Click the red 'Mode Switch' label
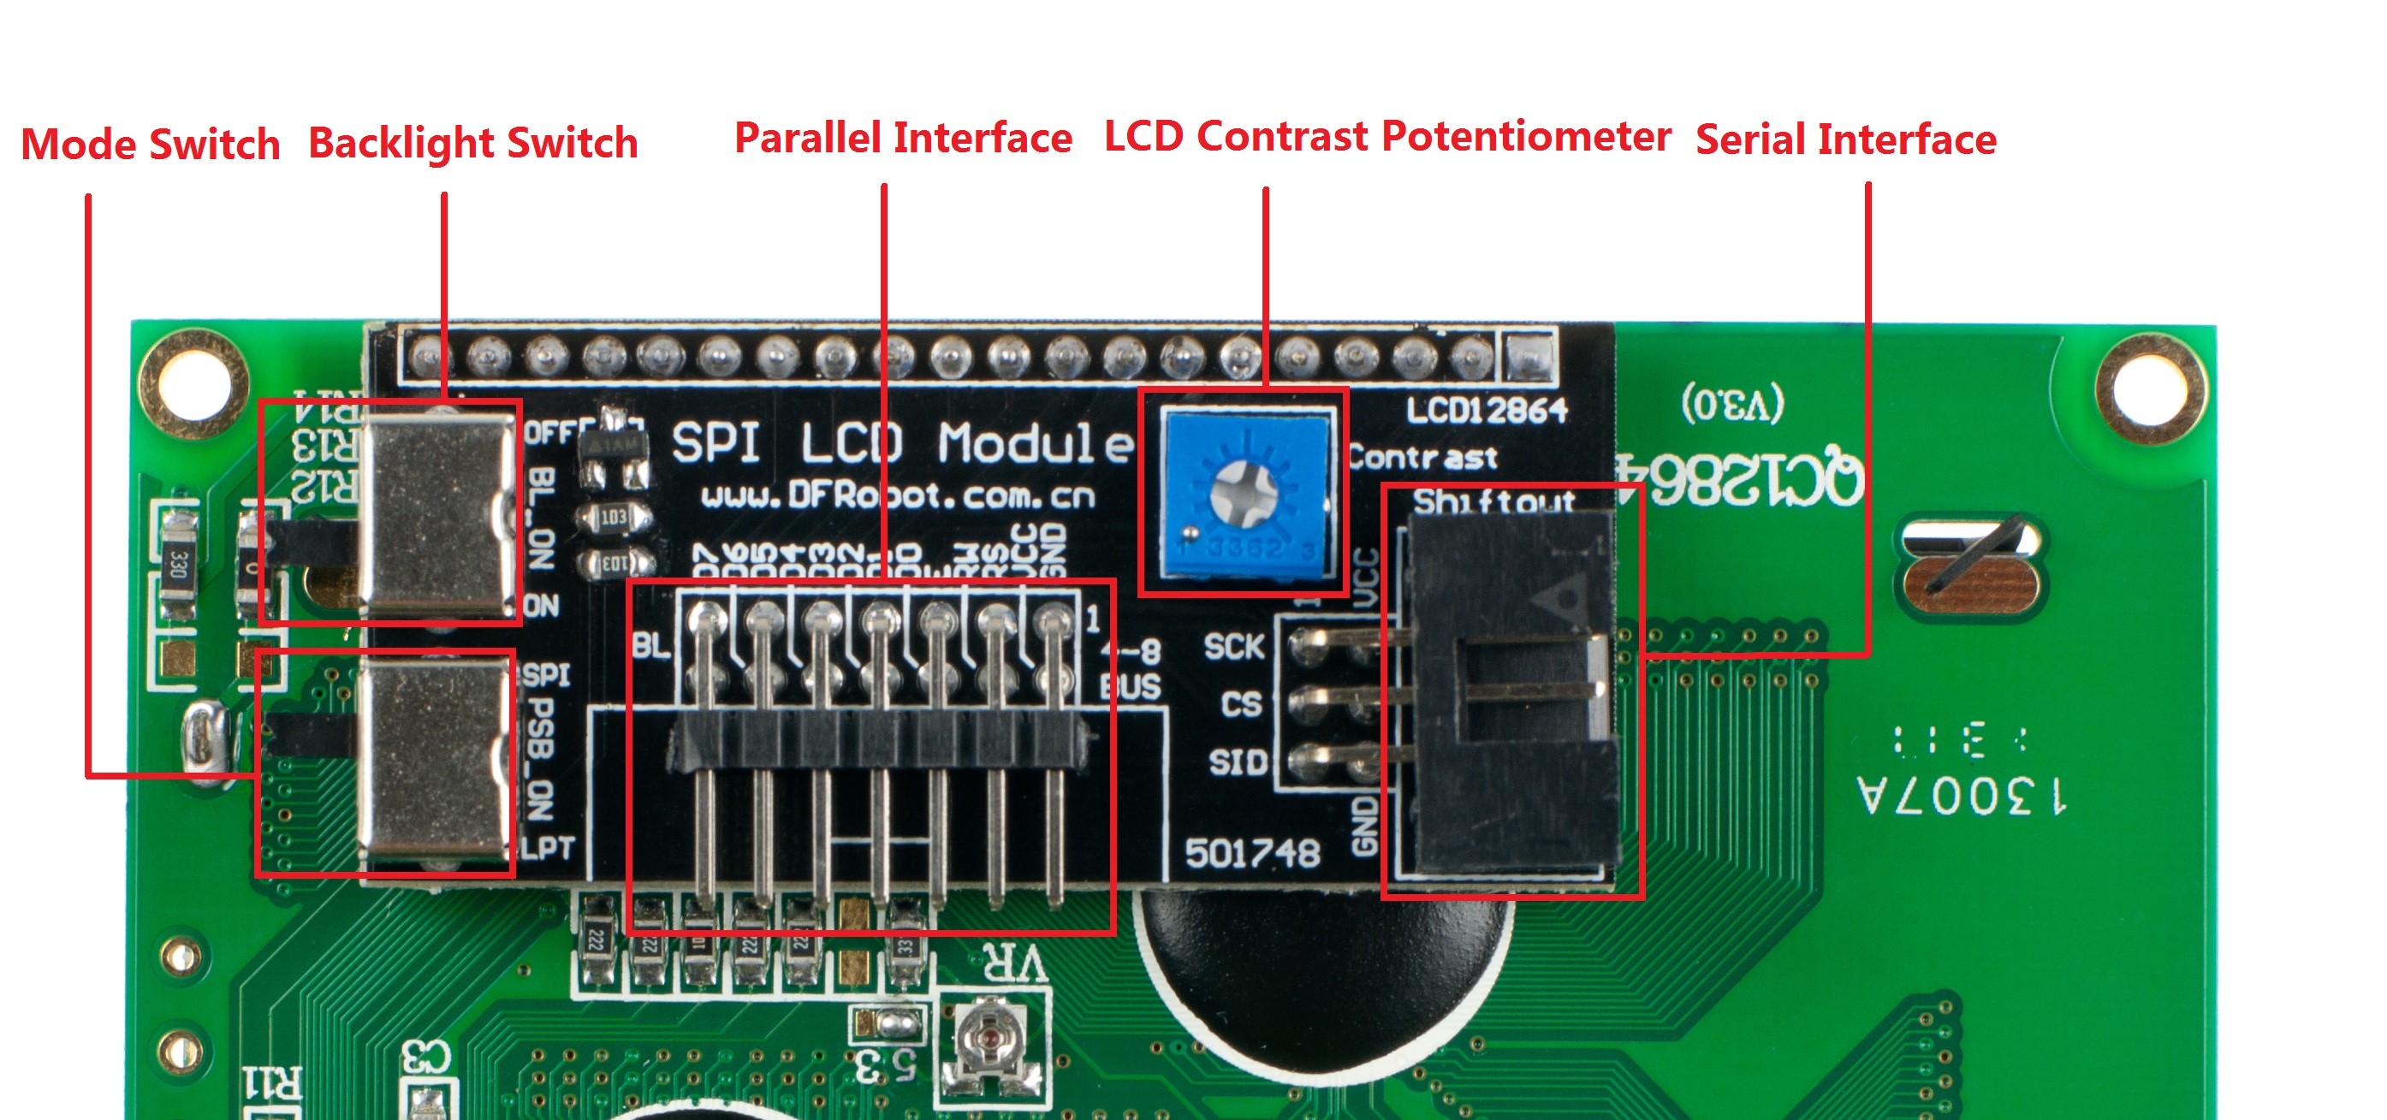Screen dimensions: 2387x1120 pos(150,145)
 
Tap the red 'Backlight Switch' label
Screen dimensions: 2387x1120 pos(472,144)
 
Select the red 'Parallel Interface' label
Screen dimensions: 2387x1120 pos(903,138)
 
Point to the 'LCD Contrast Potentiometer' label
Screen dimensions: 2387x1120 pos(1387,136)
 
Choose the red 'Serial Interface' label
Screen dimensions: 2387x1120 pos(1845,139)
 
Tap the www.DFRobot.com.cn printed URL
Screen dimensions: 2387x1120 pos(898,497)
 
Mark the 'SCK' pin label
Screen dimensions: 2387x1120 pos(1233,647)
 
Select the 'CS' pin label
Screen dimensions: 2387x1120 pos(1241,704)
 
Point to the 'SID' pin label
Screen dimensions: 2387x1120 pos(1238,762)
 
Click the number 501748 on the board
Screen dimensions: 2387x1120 pos(1252,853)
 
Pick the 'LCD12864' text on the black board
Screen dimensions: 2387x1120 pos(1486,411)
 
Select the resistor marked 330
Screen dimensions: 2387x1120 pos(179,563)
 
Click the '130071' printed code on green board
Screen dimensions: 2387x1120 pos(1961,795)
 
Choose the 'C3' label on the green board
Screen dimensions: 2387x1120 pos(425,1056)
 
